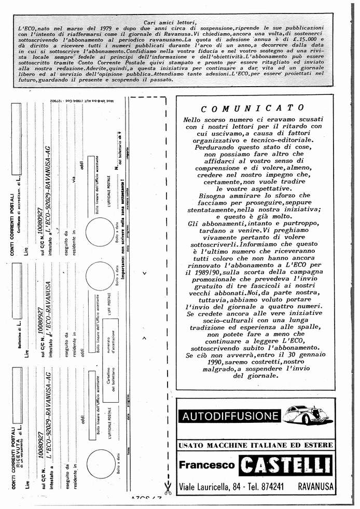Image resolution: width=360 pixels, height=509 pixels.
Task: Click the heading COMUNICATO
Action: pyautogui.click(x=252, y=108)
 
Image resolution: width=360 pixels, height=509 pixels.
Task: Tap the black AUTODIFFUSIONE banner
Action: pyautogui.click(x=230, y=416)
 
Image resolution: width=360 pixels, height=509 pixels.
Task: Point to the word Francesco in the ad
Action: pyautogui.click(x=206, y=465)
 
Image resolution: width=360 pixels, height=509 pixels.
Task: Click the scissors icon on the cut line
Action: pyautogui.click(x=168, y=487)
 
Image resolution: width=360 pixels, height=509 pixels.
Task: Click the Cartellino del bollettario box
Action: pyautogui.click(x=110, y=383)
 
